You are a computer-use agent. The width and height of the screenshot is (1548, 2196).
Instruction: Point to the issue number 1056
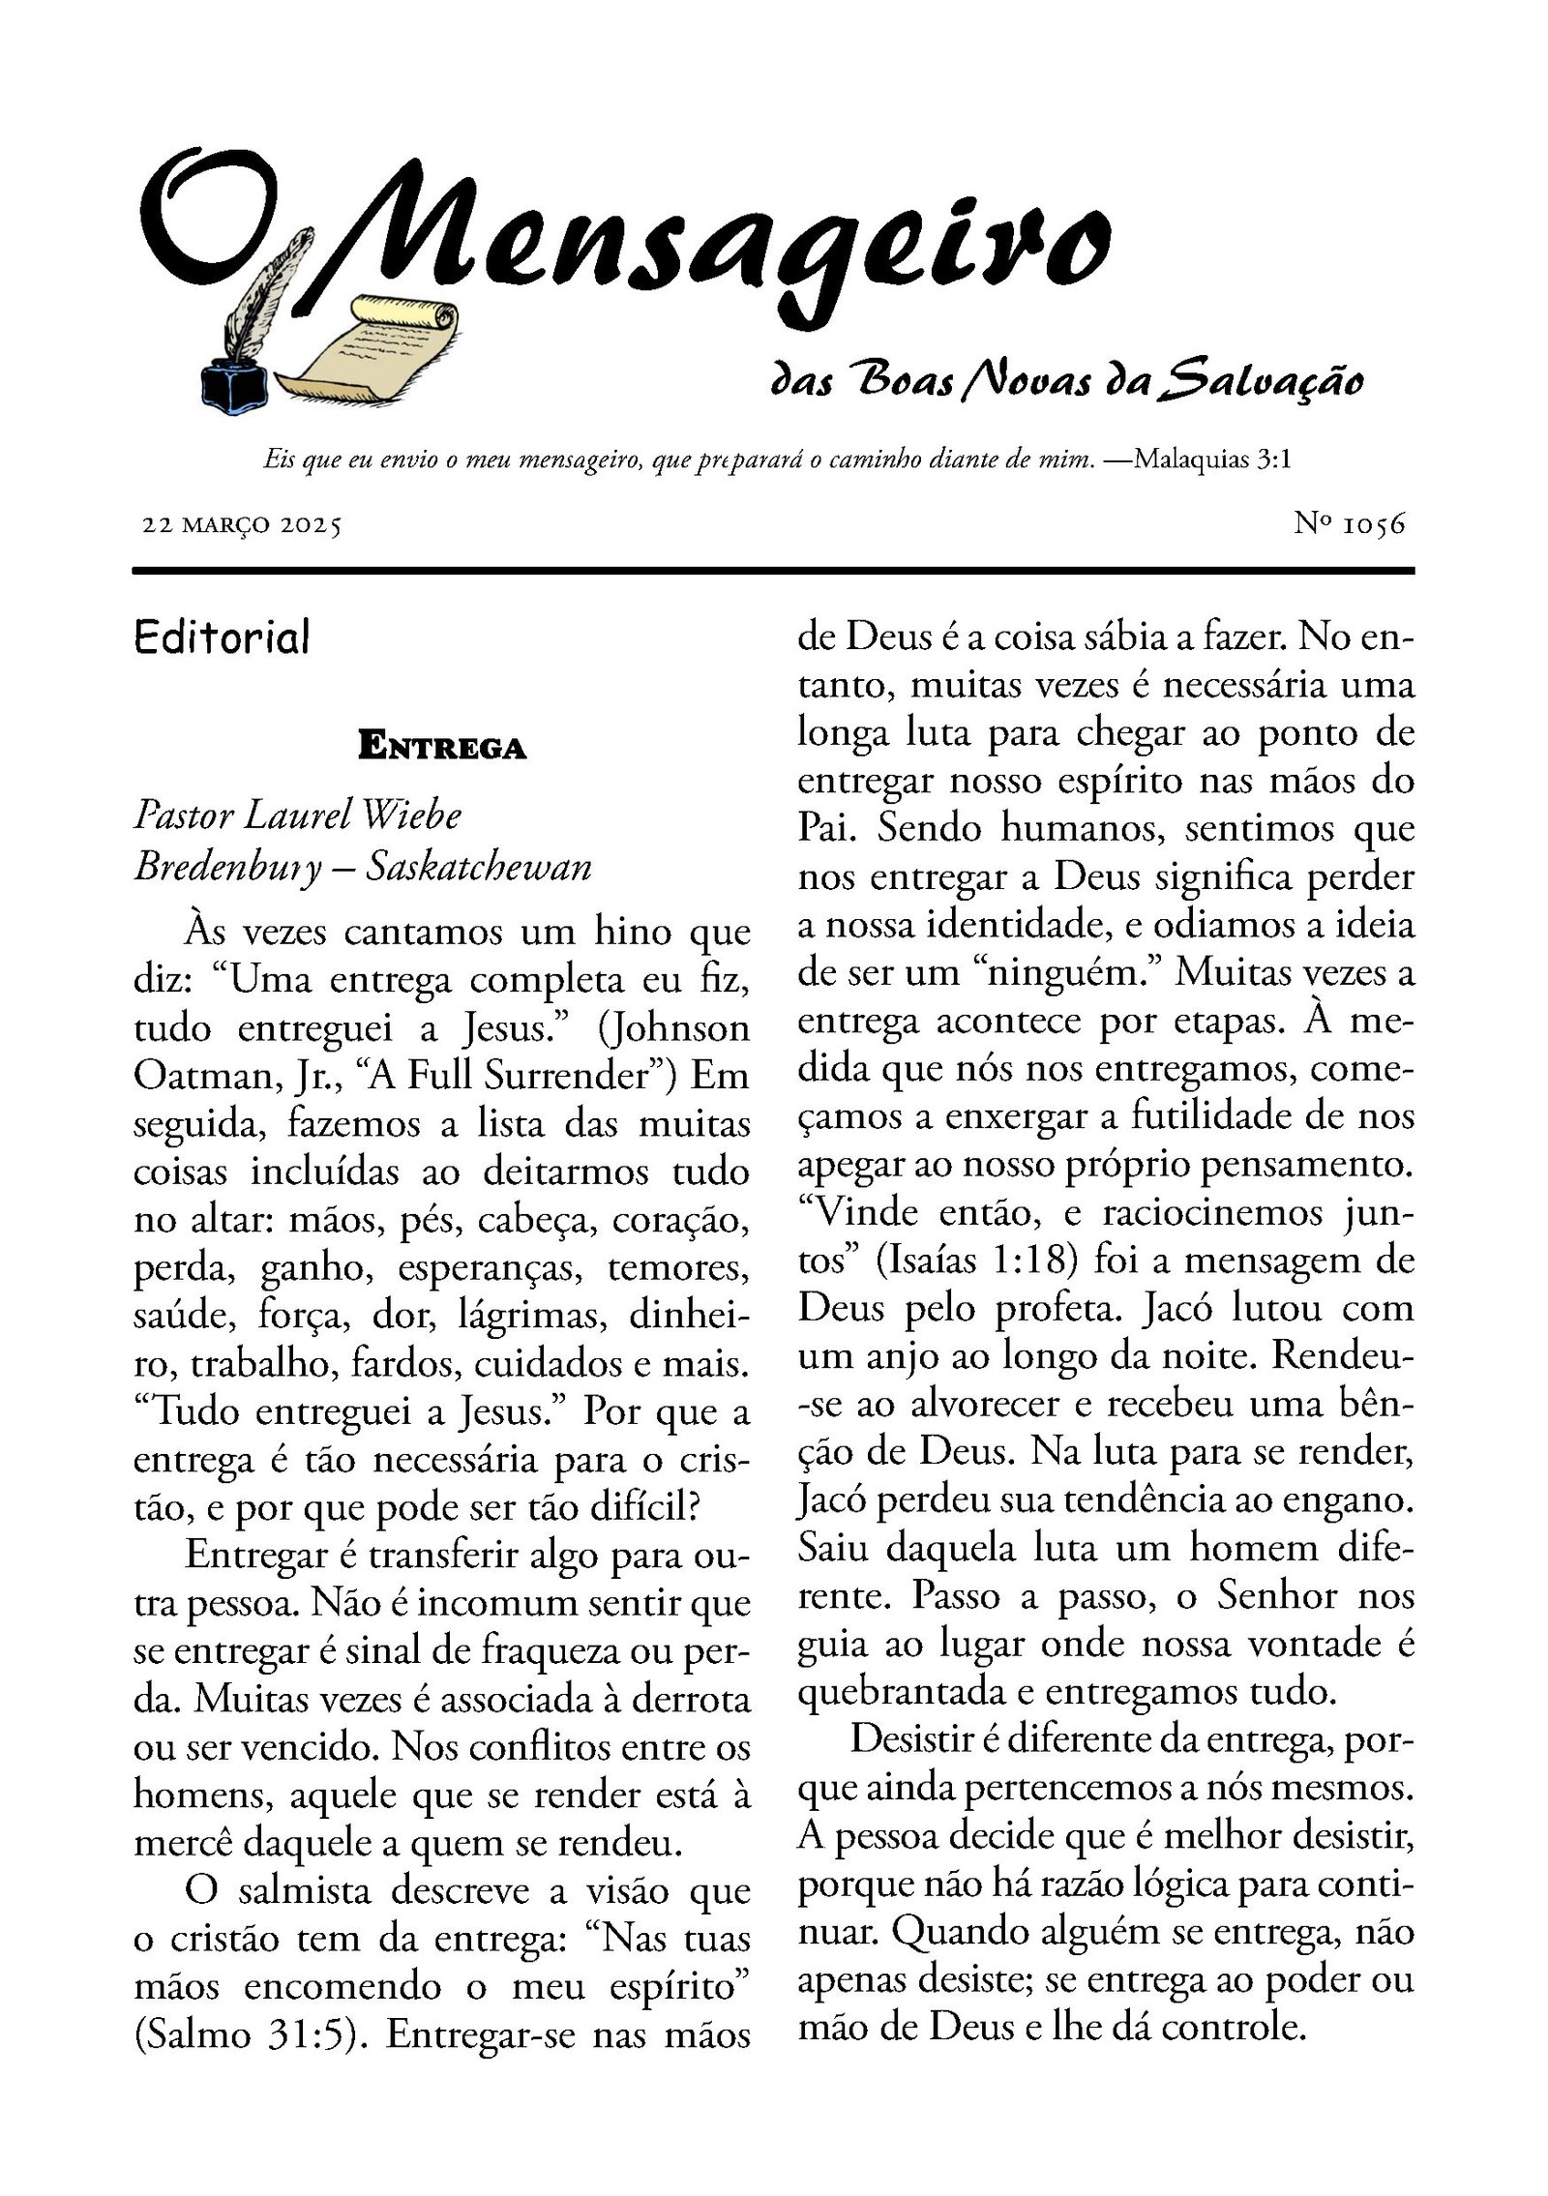coord(1373,524)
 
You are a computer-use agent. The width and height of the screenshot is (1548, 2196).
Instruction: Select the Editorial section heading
coord(222,638)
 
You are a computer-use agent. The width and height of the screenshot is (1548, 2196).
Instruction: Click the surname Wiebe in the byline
coord(410,815)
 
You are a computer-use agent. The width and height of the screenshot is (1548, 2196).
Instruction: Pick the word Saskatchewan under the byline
coord(478,866)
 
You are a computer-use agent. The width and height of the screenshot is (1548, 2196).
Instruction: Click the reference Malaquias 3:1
coord(1212,459)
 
